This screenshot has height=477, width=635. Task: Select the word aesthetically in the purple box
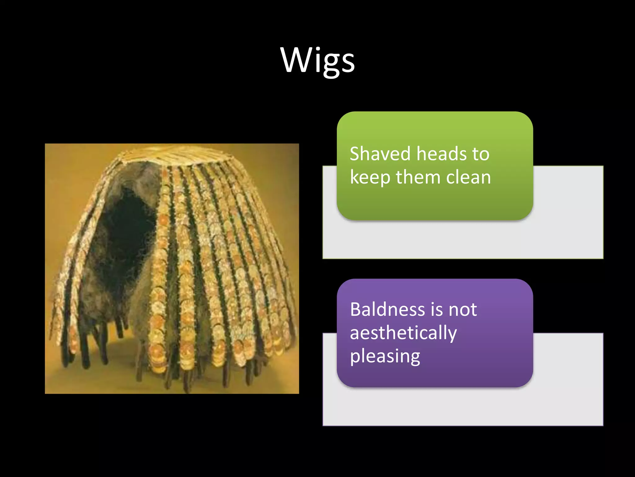tap(403, 333)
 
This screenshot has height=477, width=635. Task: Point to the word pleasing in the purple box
tap(385, 357)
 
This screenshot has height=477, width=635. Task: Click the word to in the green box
tap(481, 154)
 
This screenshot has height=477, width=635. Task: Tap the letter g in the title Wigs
tap(329, 64)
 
